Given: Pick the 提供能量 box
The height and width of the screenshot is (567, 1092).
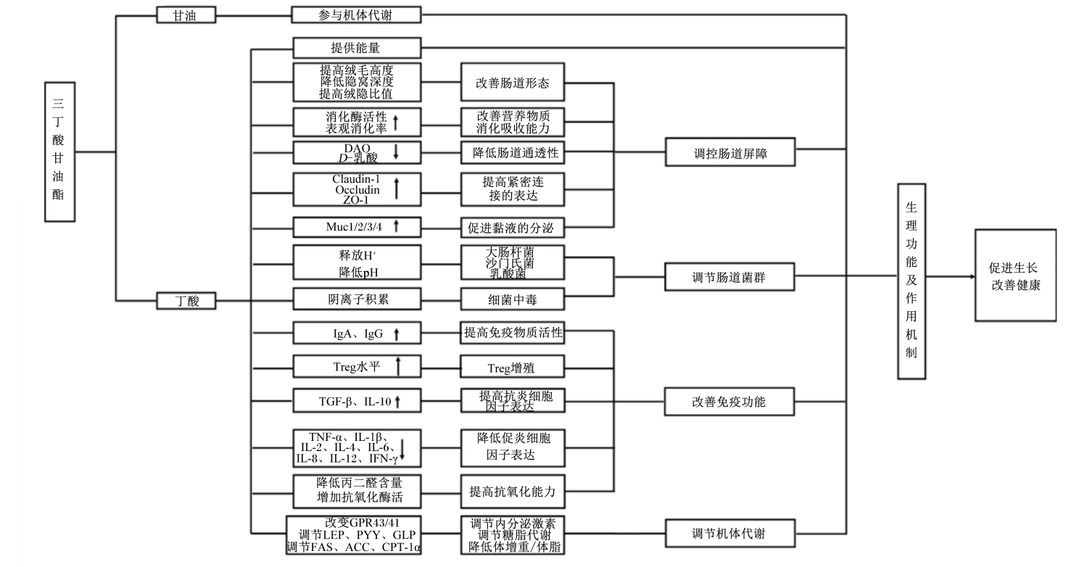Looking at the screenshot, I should (356, 49).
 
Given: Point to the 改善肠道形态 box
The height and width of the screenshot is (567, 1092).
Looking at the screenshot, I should (513, 83).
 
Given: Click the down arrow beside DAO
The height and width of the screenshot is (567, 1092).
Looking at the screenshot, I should (396, 152).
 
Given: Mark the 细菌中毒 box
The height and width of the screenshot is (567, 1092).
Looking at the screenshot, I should (513, 298).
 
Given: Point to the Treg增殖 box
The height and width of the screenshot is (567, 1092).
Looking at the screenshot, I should (513, 367).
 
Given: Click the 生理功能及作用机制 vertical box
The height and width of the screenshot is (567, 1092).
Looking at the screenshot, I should (911, 281).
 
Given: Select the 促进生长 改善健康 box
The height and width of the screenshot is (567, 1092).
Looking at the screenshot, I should (1015, 276).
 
